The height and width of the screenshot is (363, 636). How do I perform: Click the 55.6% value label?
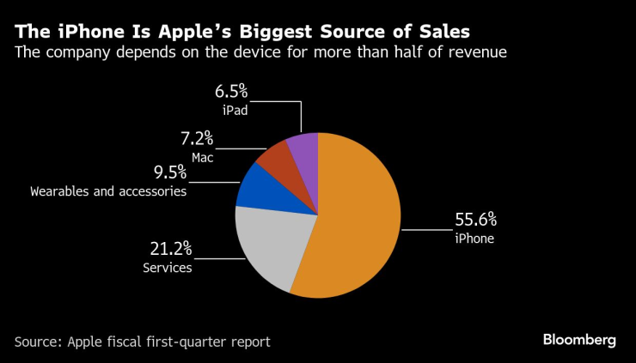pos(476,220)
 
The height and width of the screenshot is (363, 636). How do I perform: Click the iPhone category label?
pos(474,239)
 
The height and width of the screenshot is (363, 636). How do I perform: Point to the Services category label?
pos(167,268)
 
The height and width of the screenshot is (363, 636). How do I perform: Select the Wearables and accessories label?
pos(108,191)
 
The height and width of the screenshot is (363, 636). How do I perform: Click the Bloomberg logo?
pos(579,341)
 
